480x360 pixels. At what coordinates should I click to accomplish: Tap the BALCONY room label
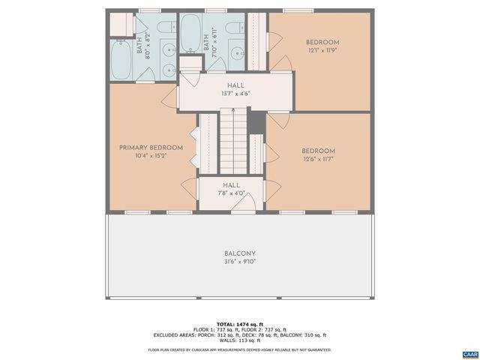pyautogui.click(x=240, y=253)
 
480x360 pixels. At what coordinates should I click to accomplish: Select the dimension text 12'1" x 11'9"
pyautogui.click(x=322, y=51)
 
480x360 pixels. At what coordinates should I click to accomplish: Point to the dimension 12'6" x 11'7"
pyautogui.click(x=318, y=159)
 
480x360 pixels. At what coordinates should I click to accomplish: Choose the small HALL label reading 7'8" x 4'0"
pyautogui.click(x=231, y=184)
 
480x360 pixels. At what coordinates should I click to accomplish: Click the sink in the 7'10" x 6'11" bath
pyautogui.click(x=235, y=54)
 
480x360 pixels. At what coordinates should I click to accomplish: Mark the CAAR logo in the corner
pyautogui.click(x=469, y=353)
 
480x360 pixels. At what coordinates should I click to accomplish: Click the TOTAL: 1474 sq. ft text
pyautogui.click(x=240, y=322)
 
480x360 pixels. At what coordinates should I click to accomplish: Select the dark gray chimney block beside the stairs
pyautogui.click(x=256, y=121)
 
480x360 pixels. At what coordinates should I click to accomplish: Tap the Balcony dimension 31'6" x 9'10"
pyautogui.click(x=240, y=262)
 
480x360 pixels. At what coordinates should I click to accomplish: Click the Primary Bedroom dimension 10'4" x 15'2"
pyautogui.click(x=150, y=156)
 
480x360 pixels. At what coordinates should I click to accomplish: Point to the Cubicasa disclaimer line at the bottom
pyautogui.click(x=240, y=349)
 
